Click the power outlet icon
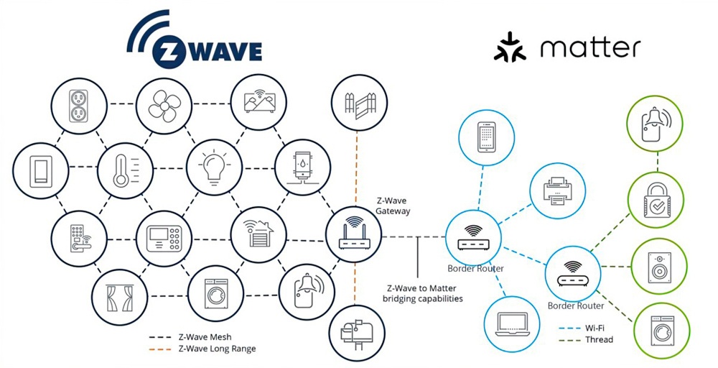(x=78, y=107)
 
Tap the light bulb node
(x=213, y=168)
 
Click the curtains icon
(x=118, y=296)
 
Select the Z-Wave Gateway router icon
(x=353, y=234)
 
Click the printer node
(x=556, y=189)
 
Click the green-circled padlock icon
(x=655, y=202)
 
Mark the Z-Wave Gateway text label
(x=393, y=206)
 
